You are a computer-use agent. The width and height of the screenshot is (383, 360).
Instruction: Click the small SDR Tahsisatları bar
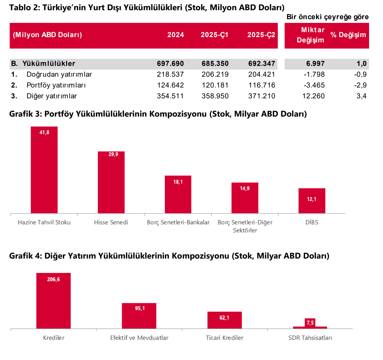coord(310,327)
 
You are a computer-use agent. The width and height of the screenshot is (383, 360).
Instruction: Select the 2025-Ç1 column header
coord(214,35)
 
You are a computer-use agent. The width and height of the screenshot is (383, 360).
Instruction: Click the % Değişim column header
coord(348,35)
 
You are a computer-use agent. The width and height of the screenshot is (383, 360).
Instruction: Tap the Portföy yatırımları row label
coord(56,85)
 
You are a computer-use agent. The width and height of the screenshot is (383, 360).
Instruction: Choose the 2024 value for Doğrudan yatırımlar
coord(170,75)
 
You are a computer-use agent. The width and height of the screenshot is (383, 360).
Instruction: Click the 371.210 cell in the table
coord(262,96)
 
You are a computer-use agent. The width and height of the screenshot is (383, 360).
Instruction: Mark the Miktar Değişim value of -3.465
coord(314,85)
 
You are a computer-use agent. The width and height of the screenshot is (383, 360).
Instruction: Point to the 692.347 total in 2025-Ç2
coord(262,64)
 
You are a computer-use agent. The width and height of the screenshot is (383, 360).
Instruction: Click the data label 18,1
coord(178,182)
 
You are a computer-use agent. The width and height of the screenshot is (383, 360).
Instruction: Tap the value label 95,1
coord(140,308)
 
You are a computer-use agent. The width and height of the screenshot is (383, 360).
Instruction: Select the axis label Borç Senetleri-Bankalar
coord(178,222)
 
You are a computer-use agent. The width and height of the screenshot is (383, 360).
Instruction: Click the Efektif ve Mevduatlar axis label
coord(139,338)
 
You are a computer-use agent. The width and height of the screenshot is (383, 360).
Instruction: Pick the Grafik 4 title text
coord(169,256)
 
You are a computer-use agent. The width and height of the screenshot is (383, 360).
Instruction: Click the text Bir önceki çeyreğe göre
coord(327,17)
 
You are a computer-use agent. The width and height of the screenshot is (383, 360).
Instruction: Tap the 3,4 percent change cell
coord(361,96)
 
